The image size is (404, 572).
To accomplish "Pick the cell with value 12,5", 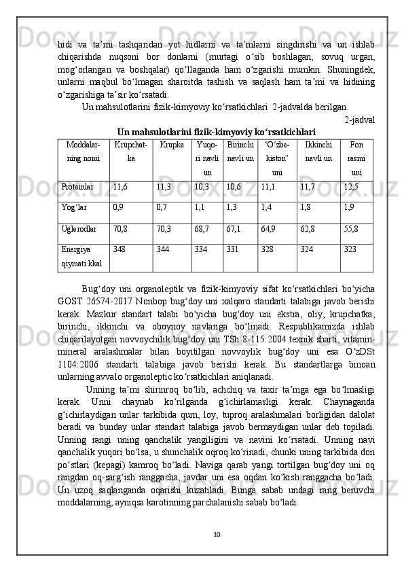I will (351, 185).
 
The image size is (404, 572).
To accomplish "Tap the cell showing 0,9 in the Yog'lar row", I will (118, 208).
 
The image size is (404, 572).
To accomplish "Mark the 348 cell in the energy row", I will (120, 250).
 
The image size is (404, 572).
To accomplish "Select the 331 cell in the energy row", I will (232, 250).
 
